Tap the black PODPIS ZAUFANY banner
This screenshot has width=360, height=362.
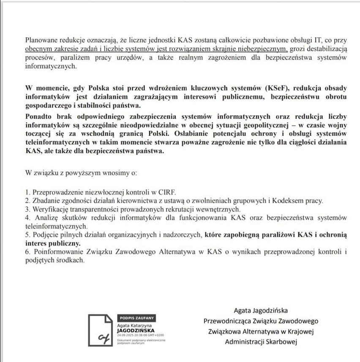click(137, 317)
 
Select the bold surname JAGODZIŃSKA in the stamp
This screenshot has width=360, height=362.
click(136, 331)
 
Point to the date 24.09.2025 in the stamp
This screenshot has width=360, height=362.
click(125, 335)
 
